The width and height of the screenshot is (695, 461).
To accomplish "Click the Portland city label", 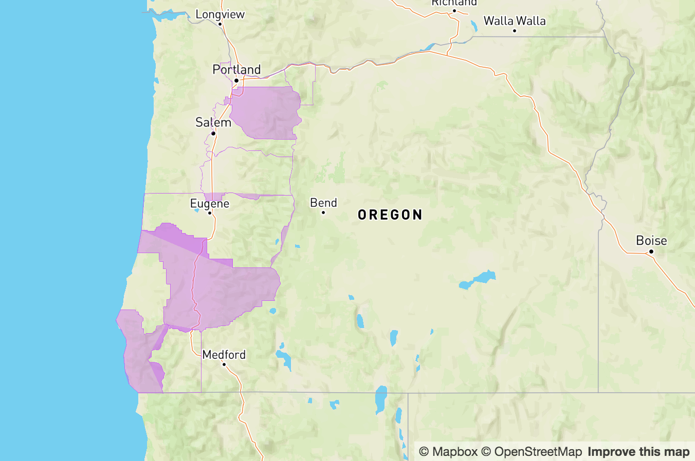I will coord(236,69).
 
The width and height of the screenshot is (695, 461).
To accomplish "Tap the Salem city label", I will coord(213,122).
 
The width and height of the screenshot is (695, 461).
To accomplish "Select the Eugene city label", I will coord(210,203).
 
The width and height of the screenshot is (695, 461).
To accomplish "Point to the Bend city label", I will coord(323,203).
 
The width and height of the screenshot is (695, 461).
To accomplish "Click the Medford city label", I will coord(224,355).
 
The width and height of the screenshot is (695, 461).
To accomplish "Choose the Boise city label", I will coord(651,240).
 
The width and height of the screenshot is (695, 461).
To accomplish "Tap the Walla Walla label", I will coord(515,21).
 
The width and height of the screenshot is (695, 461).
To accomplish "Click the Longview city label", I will coord(220,14).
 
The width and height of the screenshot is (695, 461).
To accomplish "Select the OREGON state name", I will coord(390,215).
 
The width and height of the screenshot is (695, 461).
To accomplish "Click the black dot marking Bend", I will coord(323,213).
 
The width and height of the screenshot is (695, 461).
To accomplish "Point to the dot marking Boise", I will coord(651,251).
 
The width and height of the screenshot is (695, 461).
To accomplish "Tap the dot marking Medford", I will coord(224,364).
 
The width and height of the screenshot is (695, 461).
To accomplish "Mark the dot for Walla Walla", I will coord(515,31).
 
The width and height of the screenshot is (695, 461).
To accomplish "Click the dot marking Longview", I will coord(220,24).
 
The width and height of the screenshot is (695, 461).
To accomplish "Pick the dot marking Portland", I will coord(236,81).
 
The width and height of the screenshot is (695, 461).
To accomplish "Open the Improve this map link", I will coord(638,452).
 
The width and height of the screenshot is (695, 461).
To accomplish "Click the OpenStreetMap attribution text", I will coord(538,452).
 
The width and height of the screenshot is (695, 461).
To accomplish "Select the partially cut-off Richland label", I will coord(454,3).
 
